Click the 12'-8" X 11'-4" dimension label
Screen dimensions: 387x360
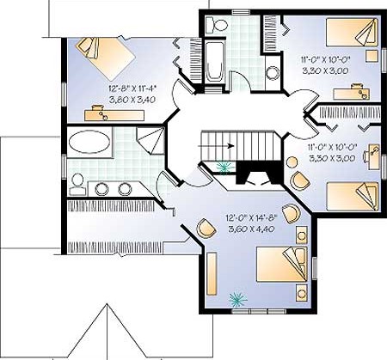point(132,88)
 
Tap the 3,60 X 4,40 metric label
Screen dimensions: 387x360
point(251,229)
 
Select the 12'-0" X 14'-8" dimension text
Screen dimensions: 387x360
point(252,218)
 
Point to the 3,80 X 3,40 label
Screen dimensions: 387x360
point(132,100)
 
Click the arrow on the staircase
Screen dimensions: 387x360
point(216,146)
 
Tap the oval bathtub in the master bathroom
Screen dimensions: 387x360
point(89,142)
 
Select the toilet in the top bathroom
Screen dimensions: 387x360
point(217,24)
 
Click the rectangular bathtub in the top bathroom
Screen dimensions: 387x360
point(214,62)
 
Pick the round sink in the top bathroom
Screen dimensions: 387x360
point(273,73)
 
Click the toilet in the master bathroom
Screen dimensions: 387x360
point(77,185)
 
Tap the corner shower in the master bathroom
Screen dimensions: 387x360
point(150,141)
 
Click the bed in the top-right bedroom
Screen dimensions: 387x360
point(353,33)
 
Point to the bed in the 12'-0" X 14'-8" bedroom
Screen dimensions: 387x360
point(282,265)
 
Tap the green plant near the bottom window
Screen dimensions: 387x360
point(237,299)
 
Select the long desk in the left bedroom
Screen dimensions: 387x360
point(114,115)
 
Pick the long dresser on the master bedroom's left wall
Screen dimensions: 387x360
point(212,273)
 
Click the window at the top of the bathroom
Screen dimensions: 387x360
point(240,12)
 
